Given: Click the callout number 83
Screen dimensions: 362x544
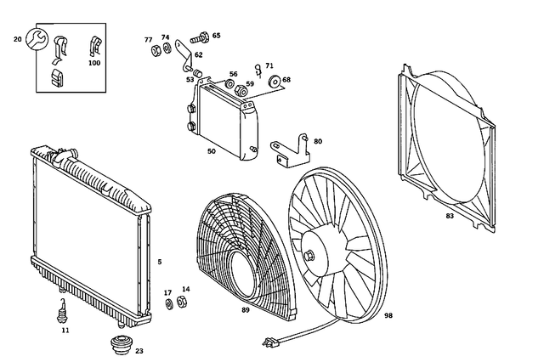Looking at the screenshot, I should [x=450, y=216].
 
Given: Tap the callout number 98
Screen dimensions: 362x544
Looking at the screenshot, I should [x=388, y=315].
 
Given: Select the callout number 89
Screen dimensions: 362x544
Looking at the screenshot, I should [x=246, y=310].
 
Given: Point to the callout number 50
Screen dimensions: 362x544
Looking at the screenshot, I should [x=211, y=151].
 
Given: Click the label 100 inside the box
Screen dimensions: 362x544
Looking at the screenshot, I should [x=93, y=63].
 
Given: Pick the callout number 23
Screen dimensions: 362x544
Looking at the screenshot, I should [x=139, y=350].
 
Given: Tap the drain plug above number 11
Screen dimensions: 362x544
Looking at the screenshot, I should [x=63, y=309].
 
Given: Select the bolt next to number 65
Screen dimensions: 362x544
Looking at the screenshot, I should [x=200, y=37].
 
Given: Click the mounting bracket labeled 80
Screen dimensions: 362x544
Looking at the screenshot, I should [x=289, y=150].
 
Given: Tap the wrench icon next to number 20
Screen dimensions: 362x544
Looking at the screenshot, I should [x=36, y=39].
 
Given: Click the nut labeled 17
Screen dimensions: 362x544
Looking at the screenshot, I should [x=167, y=304].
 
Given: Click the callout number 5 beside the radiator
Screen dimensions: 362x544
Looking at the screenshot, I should [x=158, y=262].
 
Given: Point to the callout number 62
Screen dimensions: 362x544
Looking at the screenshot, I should [x=198, y=54].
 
